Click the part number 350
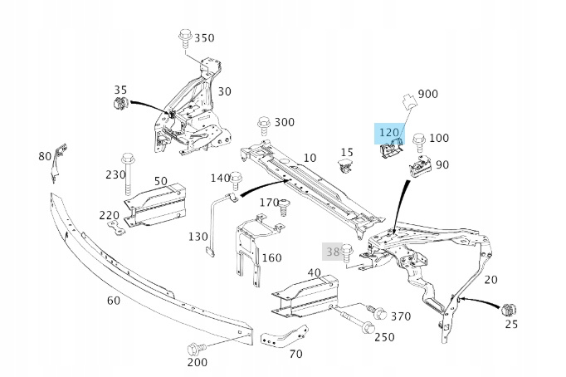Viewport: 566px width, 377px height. point(203,37)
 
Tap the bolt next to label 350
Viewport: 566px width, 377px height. point(184,39)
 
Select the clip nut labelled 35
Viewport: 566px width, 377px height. point(119,105)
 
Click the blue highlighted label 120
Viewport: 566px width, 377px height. point(388,132)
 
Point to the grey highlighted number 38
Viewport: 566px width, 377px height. point(332,250)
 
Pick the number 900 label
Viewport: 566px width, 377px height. point(427,94)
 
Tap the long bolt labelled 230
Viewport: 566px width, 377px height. point(128,171)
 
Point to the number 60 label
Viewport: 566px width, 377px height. point(113,300)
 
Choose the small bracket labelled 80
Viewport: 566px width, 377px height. point(56,162)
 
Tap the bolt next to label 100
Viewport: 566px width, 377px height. point(418,140)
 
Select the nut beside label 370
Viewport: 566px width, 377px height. point(378,314)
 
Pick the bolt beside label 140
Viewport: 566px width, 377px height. point(237,179)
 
